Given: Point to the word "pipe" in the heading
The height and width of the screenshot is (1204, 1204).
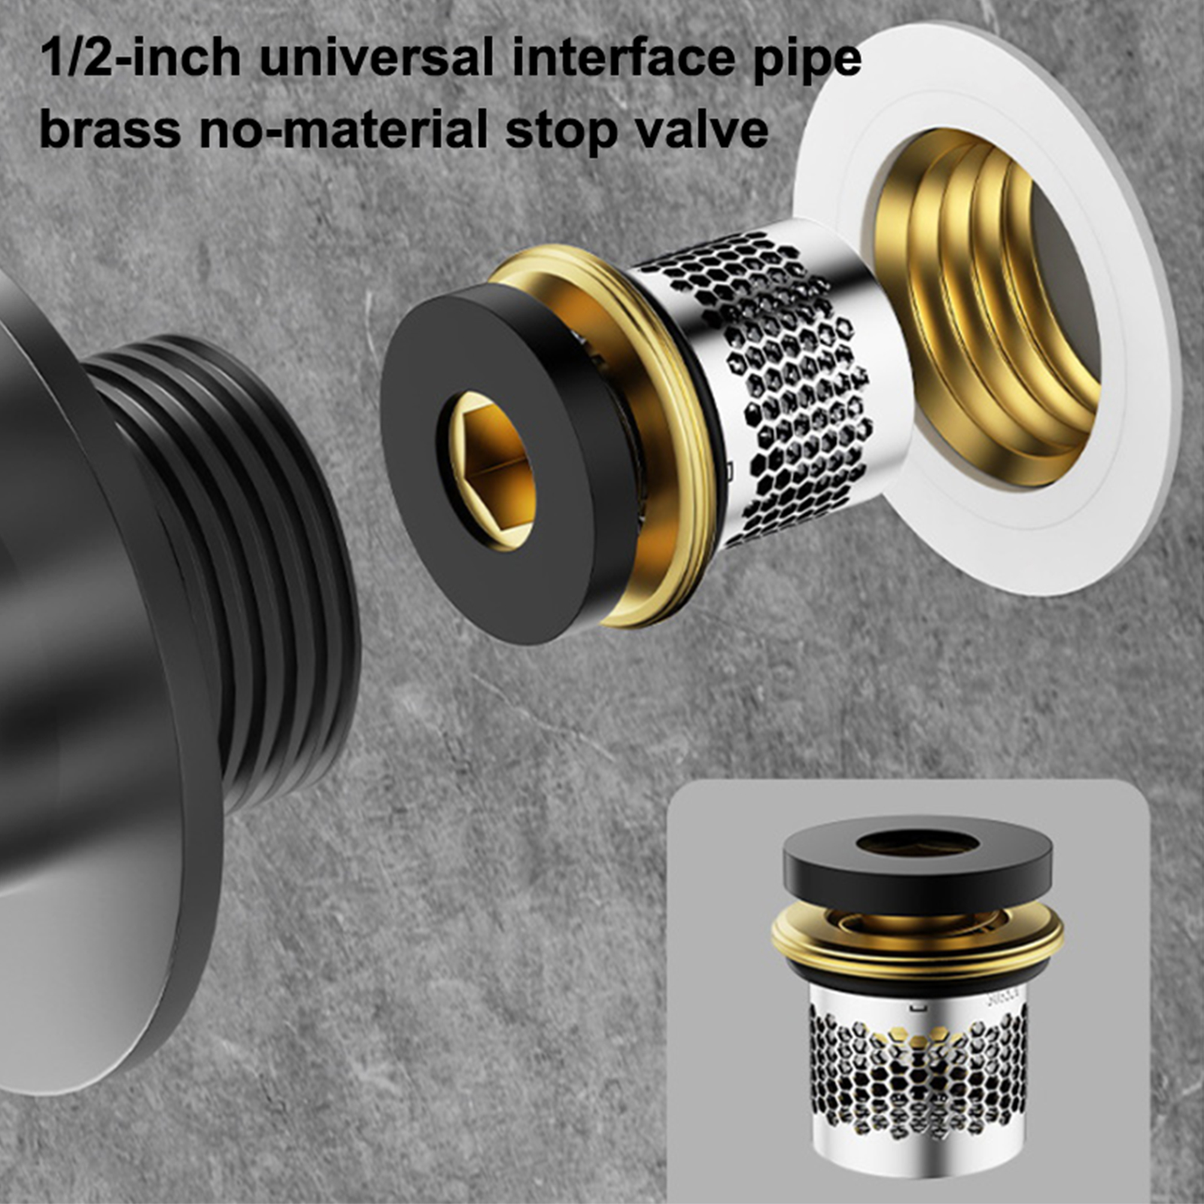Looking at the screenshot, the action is [808, 62].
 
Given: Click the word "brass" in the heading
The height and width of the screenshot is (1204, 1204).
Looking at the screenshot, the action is [110, 129].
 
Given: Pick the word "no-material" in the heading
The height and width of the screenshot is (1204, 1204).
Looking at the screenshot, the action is [344, 129].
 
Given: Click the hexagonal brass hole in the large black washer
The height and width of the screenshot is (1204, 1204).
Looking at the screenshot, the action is [488, 470].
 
